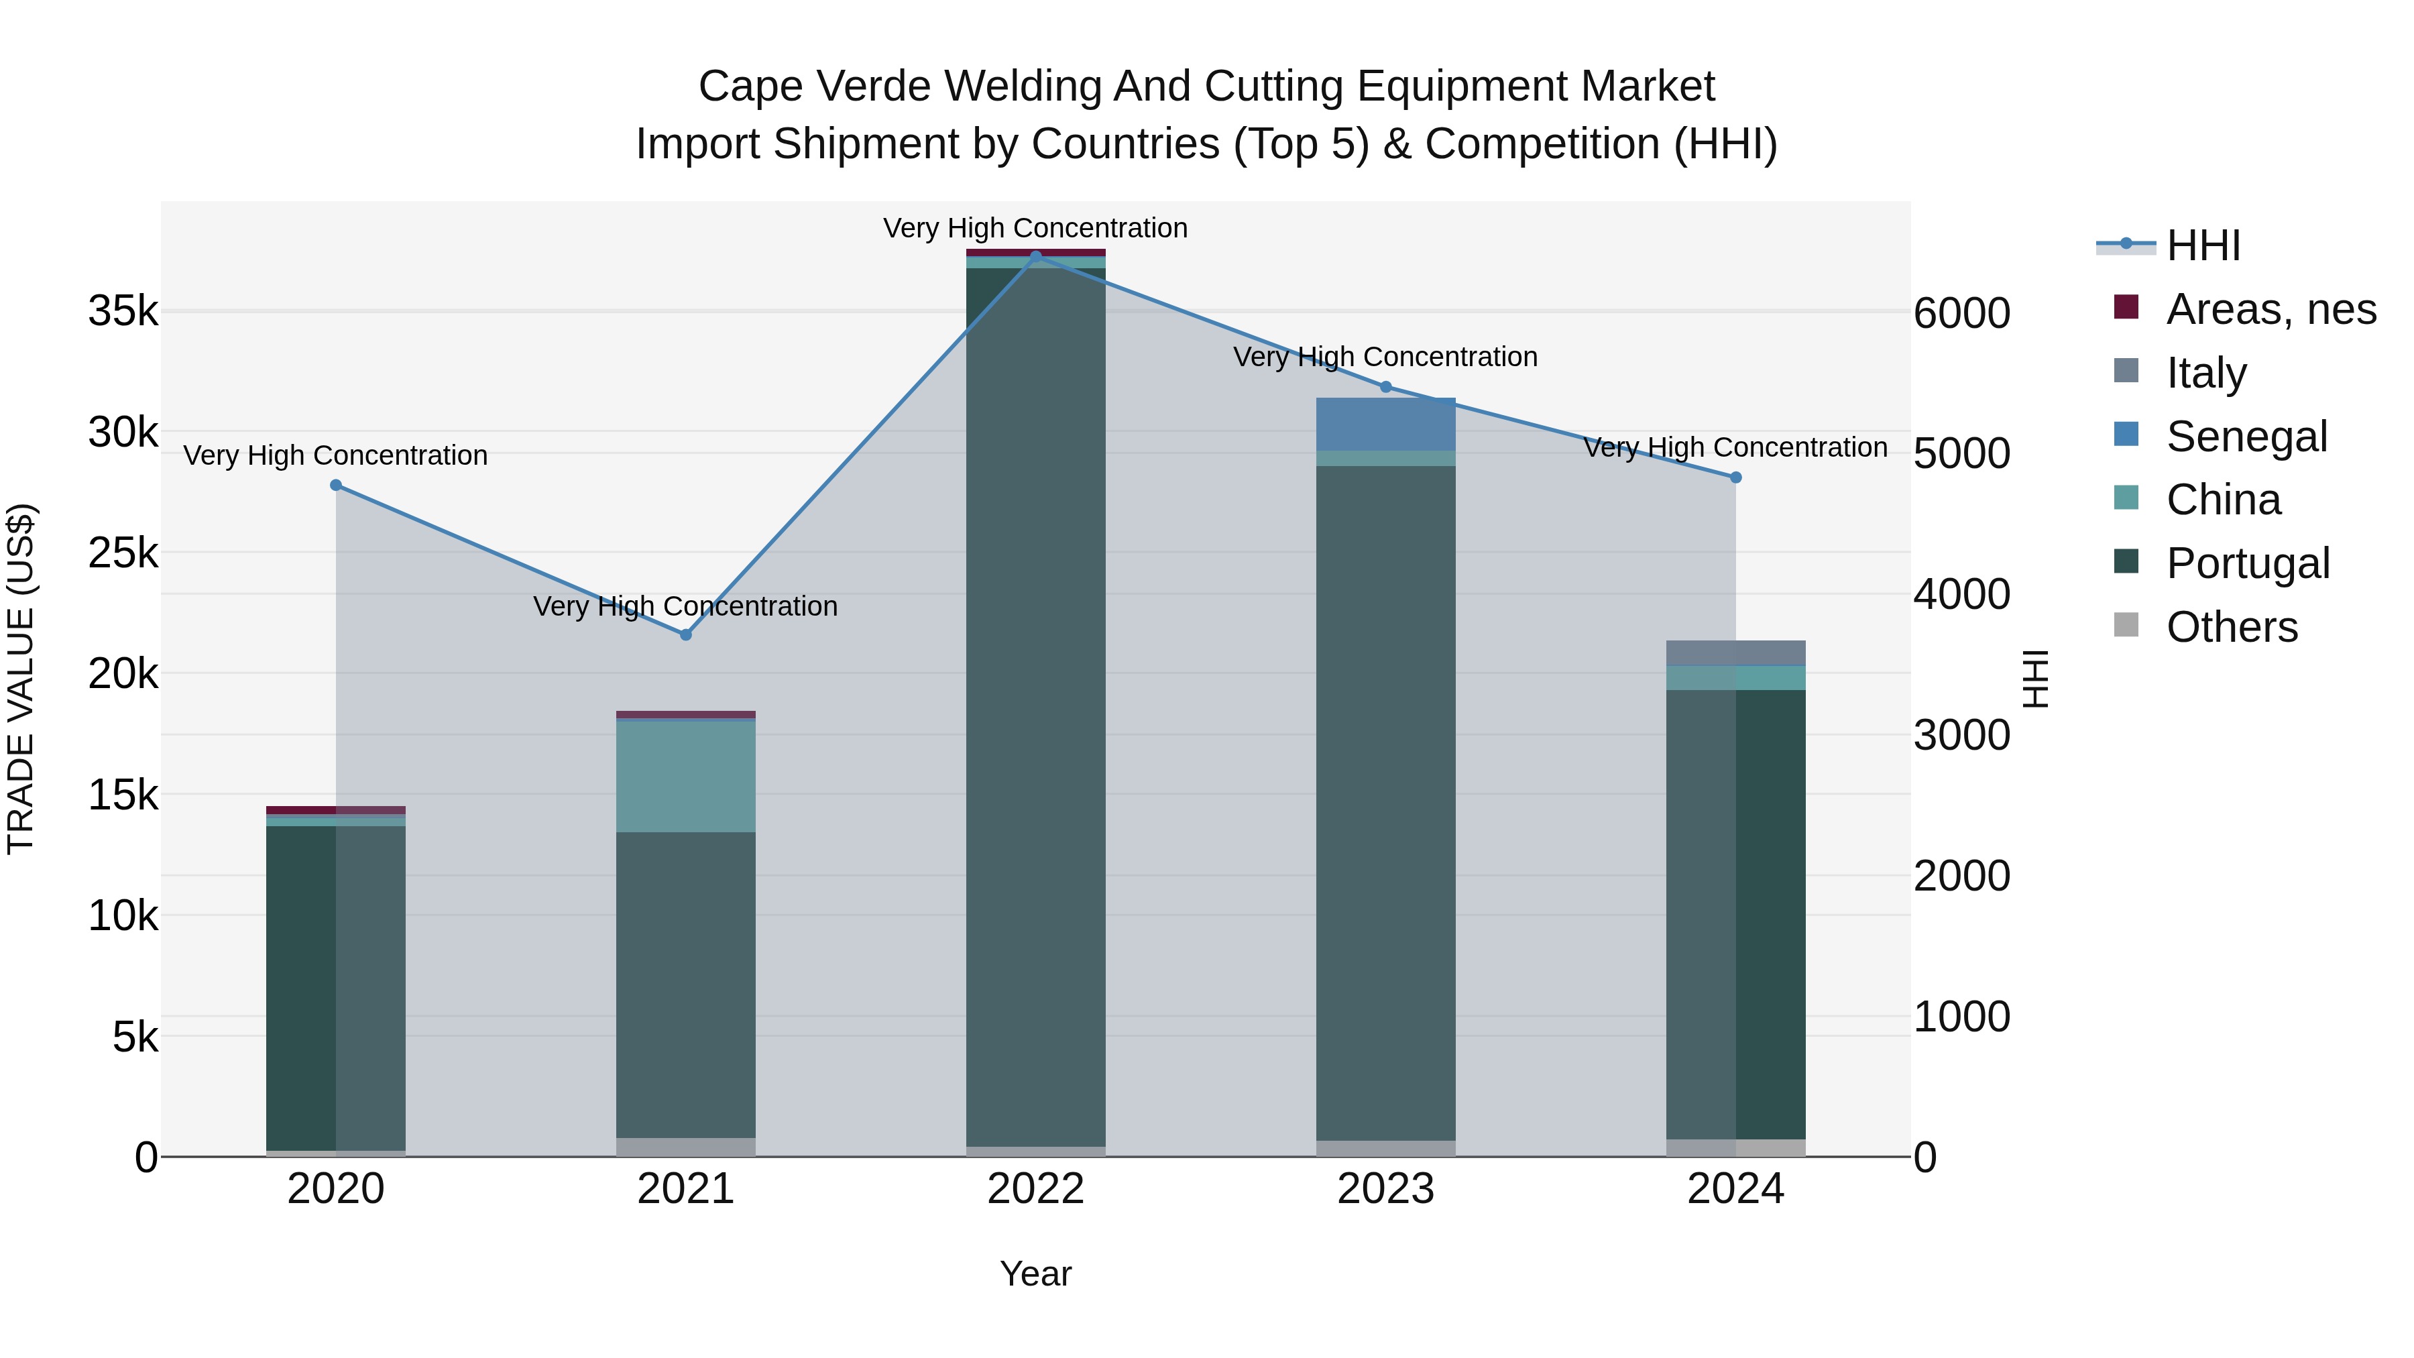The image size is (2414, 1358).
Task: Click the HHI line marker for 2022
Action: (x=1035, y=256)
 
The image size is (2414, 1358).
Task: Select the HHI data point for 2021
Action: (x=686, y=634)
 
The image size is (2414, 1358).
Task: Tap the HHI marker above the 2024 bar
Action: (x=1735, y=477)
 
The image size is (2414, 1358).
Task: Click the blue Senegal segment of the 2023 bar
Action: (x=1386, y=424)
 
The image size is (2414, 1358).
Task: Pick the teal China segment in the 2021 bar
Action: (x=686, y=776)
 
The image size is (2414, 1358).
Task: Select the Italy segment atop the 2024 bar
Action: (x=1735, y=653)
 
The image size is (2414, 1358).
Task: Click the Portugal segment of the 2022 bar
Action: (x=1035, y=703)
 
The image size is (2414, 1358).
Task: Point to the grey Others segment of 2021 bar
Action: (x=686, y=1147)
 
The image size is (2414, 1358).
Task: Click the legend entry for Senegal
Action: (x=2246, y=437)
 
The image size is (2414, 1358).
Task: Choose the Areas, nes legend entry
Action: (x=2271, y=309)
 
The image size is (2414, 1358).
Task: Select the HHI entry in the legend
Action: (x=2202, y=245)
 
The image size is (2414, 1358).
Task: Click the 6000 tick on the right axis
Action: (x=1961, y=313)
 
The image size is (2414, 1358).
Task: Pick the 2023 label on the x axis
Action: (x=1386, y=1189)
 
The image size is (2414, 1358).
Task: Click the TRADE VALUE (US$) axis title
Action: (x=21, y=679)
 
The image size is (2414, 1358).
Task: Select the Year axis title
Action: (x=1035, y=1274)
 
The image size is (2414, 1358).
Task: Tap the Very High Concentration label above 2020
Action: (x=335, y=455)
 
